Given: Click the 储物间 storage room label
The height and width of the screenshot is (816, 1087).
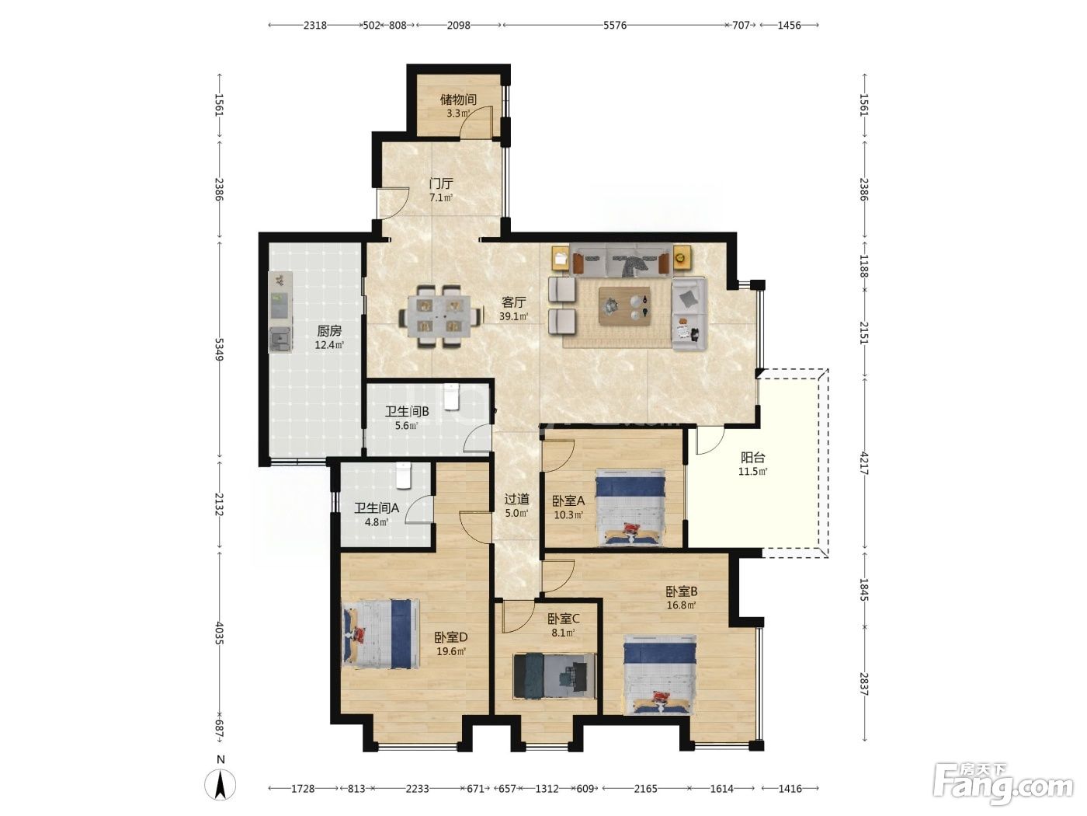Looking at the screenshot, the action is [x=458, y=99].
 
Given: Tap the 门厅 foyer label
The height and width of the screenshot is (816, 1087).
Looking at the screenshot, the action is [x=441, y=184].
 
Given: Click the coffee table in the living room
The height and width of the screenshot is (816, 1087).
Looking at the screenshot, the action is [x=624, y=306].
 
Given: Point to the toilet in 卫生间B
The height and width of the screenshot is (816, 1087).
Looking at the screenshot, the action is [x=451, y=397].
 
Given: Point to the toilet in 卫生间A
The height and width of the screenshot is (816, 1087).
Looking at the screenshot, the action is [x=404, y=476].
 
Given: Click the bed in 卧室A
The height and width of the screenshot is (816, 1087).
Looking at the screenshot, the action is [x=630, y=507].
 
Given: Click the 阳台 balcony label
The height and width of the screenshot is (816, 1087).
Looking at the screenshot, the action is [x=752, y=458].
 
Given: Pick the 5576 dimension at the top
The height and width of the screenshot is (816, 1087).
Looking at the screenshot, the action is [x=615, y=26].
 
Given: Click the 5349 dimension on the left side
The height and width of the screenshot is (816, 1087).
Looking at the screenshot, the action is [x=220, y=349].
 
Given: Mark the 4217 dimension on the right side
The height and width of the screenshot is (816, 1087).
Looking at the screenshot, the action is [x=864, y=463].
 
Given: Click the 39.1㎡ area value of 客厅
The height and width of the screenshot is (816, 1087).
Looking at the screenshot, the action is [x=513, y=316].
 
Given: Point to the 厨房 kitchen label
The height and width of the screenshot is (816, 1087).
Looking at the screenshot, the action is [x=329, y=330].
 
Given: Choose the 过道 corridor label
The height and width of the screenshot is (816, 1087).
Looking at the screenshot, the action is [x=516, y=500].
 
